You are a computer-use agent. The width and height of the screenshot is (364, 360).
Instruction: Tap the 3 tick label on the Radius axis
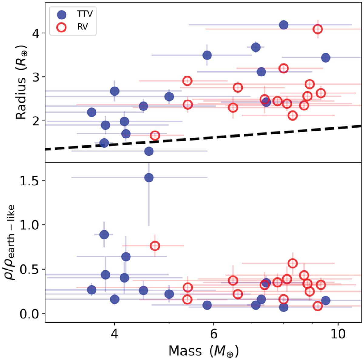[x=37, y=77]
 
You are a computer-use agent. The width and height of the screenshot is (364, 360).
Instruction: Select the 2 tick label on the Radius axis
[x=37, y=121]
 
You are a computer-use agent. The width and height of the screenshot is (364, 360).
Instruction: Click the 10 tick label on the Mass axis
[x=338, y=334]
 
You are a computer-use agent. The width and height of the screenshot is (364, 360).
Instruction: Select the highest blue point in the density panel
[x=149, y=178]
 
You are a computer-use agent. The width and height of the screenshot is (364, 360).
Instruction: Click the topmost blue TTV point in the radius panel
[x=284, y=25]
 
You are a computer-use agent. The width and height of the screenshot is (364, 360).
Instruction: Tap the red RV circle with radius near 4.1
[x=318, y=29]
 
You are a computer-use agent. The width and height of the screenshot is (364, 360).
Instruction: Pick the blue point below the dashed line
[x=149, y=151]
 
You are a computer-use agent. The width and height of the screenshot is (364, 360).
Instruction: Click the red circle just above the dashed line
[x=155, y=135]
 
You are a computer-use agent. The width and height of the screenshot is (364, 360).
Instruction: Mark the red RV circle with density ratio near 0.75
[x=155, y=246]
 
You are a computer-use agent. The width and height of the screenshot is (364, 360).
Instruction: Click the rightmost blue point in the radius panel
[x=325, y=58]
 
